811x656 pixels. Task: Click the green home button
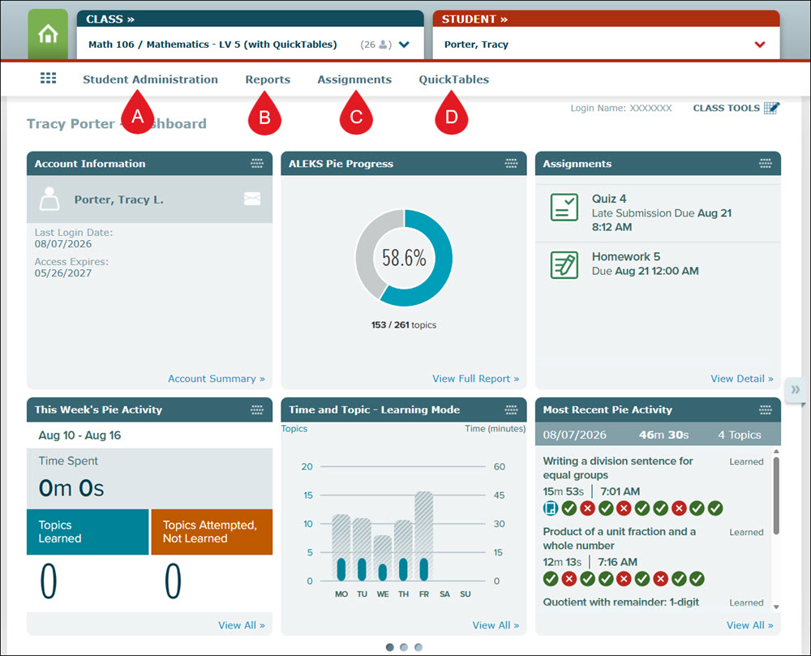coord(48,34)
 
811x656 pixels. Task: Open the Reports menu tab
coord(268,79)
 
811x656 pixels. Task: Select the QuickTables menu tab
coord(453,79)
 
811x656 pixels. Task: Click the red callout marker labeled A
coord(137,113)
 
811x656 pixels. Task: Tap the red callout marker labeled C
coord(356,114)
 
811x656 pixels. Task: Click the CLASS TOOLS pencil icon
coord(771,108)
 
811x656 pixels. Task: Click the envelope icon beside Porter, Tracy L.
coord(252,199)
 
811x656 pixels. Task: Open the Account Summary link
coord(217,379)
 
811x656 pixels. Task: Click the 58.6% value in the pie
coord(404,257)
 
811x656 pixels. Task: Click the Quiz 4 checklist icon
coord(564,208)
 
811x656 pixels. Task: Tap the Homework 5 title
coord(626,257)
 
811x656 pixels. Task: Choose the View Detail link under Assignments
coord(742,379)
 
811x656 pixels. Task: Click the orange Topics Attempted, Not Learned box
coord(212,532)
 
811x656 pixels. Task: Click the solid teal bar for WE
coord(383,572)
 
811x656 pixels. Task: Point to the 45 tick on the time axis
coord(499,495)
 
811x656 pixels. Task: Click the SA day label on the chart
coord(444,594)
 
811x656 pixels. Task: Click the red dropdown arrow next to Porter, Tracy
coord(760,45)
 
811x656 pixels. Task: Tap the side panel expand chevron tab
coord(795,390)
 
